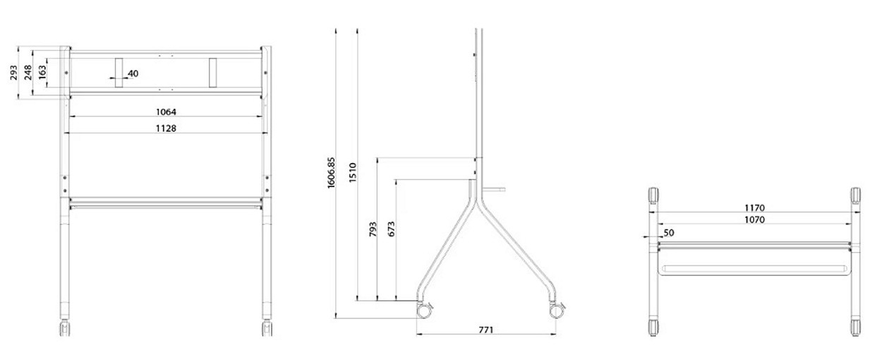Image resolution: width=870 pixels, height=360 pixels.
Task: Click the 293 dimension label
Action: pyautogui.click(x=13, y=73)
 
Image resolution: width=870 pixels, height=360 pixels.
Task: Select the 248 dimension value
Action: pyautogui.click(x=28, y=73)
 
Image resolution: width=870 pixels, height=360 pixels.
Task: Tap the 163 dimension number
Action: pyautogui.click(x=42, y=72)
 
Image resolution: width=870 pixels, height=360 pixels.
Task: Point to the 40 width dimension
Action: pyautogui.click(x=133, y=73)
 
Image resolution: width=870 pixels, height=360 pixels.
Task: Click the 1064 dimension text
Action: pyautogui.click(x=166, y=112)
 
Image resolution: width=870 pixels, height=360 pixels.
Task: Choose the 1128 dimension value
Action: pyautogui.click(x=166, y=128)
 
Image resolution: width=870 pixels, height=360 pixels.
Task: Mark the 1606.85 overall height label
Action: pyautogui.click(x=331, y=173)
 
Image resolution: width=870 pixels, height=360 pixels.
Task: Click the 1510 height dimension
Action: pyautogui.click(x=352, y=173)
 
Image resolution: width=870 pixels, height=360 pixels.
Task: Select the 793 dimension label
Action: pyautogui.click(x=373, y=229)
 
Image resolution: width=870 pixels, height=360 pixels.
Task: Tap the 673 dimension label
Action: pyautogui.click(x=391, y=229)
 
